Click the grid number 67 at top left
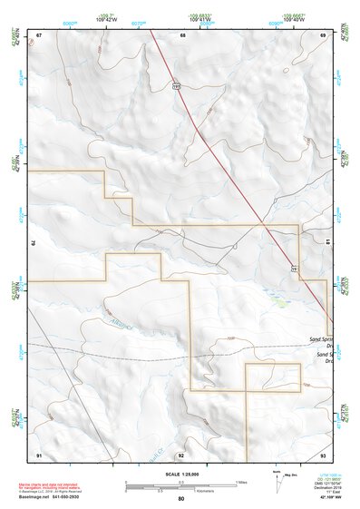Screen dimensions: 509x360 tap(39, 34)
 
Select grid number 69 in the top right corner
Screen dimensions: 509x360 tap(324, 34)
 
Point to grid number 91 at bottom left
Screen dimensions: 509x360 tap(39, 454)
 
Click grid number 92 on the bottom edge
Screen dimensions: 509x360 tap(181, 454)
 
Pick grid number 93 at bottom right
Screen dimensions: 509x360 tap(324, 454)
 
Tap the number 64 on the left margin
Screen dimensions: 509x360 tap(34, 243)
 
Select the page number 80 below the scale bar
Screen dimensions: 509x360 tap(181, 499)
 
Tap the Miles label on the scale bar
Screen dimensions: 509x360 tap(240, 482)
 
